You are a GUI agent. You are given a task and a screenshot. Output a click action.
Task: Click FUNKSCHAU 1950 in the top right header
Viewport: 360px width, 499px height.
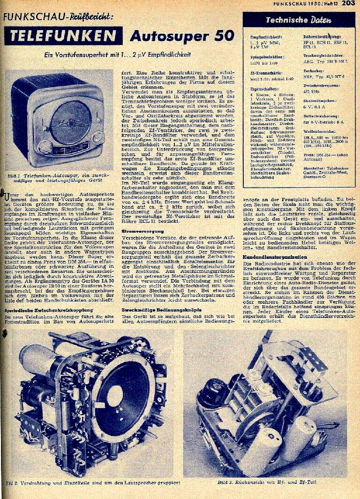click(x=303, y=4)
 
